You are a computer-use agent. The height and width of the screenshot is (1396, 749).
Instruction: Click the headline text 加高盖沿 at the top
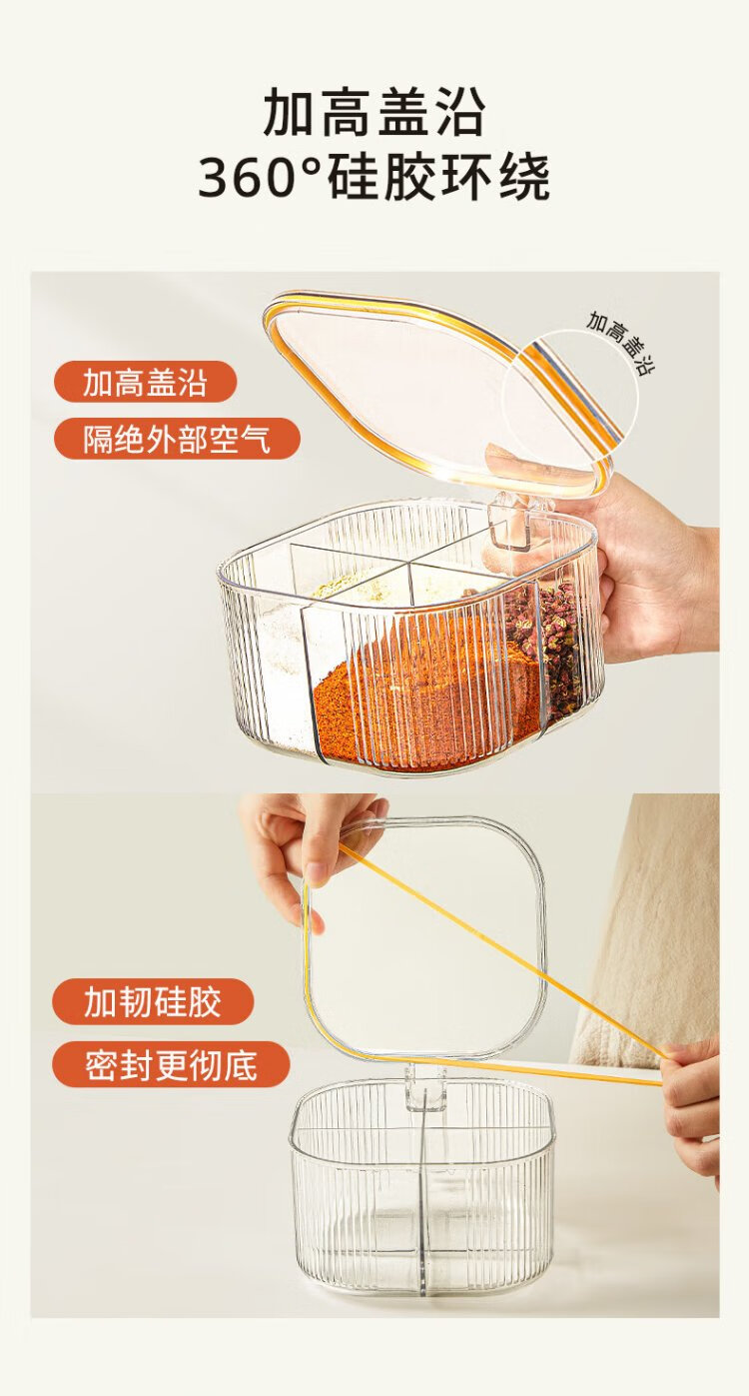pos(374,112)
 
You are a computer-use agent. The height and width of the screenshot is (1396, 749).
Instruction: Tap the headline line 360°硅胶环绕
pos(374,178)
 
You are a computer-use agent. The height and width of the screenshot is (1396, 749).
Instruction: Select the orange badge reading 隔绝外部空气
pos(178,439)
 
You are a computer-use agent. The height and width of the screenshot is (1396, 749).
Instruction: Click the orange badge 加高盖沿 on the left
pos(146,382)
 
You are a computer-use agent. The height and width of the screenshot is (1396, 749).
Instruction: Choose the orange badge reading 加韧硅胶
pos(153,1001)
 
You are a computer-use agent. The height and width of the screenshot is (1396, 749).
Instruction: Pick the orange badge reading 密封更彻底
pos(171,1064)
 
